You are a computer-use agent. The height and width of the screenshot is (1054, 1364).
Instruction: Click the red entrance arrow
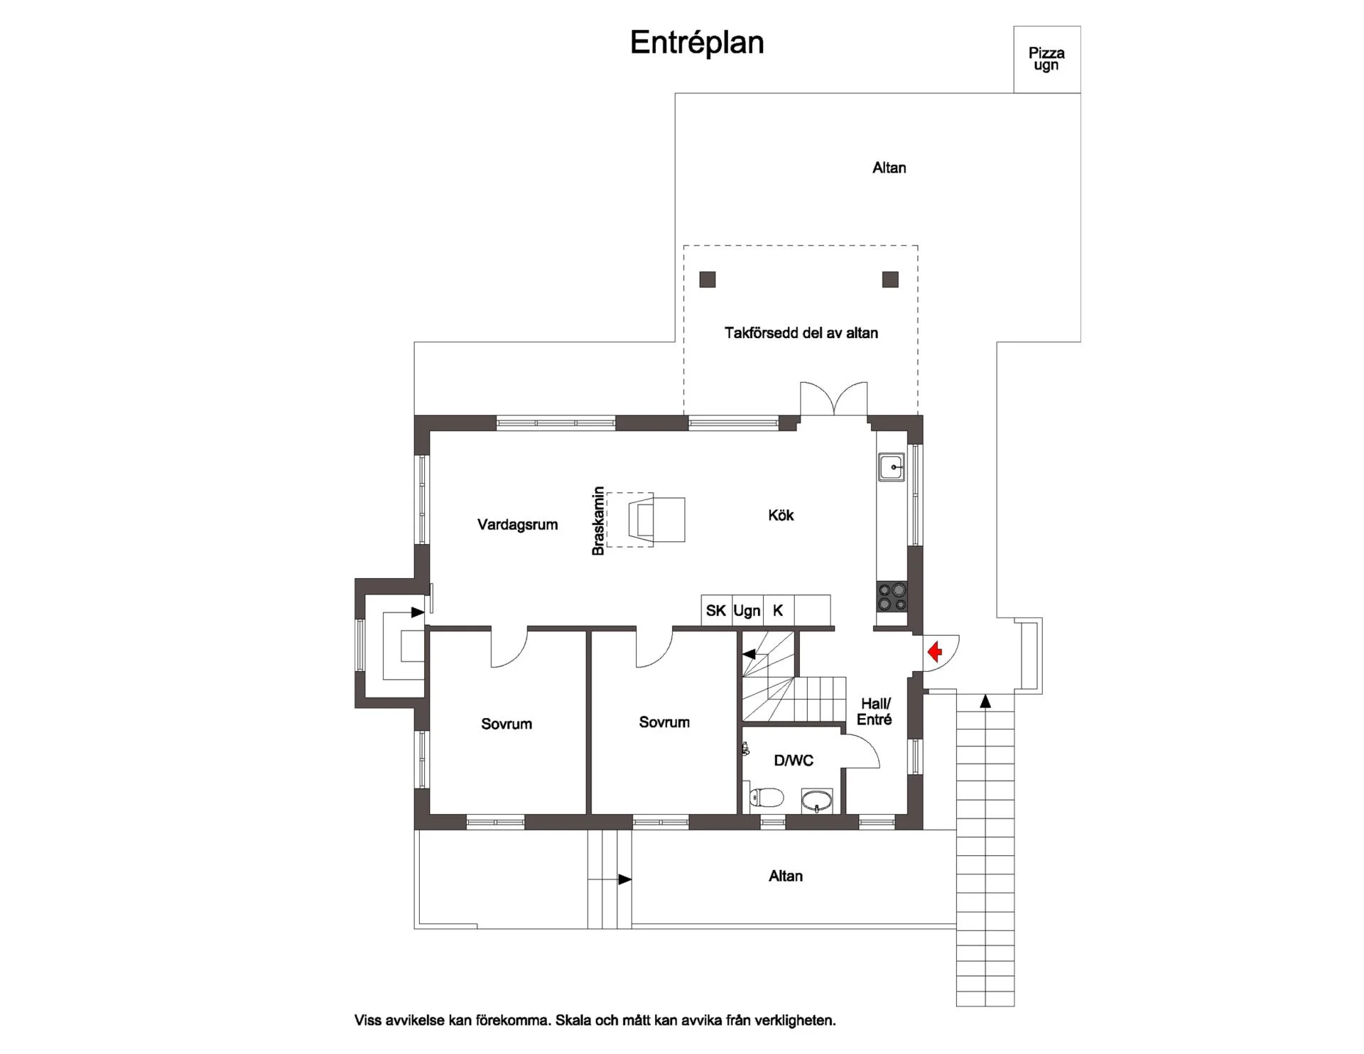click(935, 651)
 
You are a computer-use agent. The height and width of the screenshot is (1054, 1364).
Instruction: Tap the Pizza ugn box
click(1047, 60)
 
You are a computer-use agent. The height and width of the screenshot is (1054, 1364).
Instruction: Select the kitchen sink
click(892, 467)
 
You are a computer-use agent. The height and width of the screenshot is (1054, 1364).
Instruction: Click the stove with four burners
click(892, 597)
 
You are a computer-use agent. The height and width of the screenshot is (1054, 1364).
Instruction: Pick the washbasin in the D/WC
click(818, 800)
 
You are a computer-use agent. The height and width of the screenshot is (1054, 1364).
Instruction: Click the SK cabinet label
click(716, 611)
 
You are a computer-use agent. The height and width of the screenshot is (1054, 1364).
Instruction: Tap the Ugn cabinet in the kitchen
click(747, 611)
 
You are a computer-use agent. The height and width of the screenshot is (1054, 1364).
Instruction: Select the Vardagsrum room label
click(517, 525)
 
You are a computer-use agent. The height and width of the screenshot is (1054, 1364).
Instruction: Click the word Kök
click(781, 515)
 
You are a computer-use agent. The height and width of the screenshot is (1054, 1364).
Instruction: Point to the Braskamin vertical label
click(598, 521)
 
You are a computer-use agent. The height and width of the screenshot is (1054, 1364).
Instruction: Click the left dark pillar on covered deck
click(708, 279)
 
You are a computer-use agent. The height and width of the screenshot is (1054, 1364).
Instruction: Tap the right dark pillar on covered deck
click(890, 279)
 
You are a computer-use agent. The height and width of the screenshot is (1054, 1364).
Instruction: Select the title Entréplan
click(697, 43)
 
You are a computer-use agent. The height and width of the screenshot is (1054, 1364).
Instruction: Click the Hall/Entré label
click(875, 712)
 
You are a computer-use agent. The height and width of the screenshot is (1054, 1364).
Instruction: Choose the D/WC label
click(794, 761)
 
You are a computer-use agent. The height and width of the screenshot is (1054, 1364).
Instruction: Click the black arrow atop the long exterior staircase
click(985, 702)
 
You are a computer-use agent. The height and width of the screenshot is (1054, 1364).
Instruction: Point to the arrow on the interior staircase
click(749, 653)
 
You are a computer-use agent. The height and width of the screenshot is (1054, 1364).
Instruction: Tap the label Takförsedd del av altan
click(801, 333)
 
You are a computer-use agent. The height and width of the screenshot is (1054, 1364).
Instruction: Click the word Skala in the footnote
click(573, 1021)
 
